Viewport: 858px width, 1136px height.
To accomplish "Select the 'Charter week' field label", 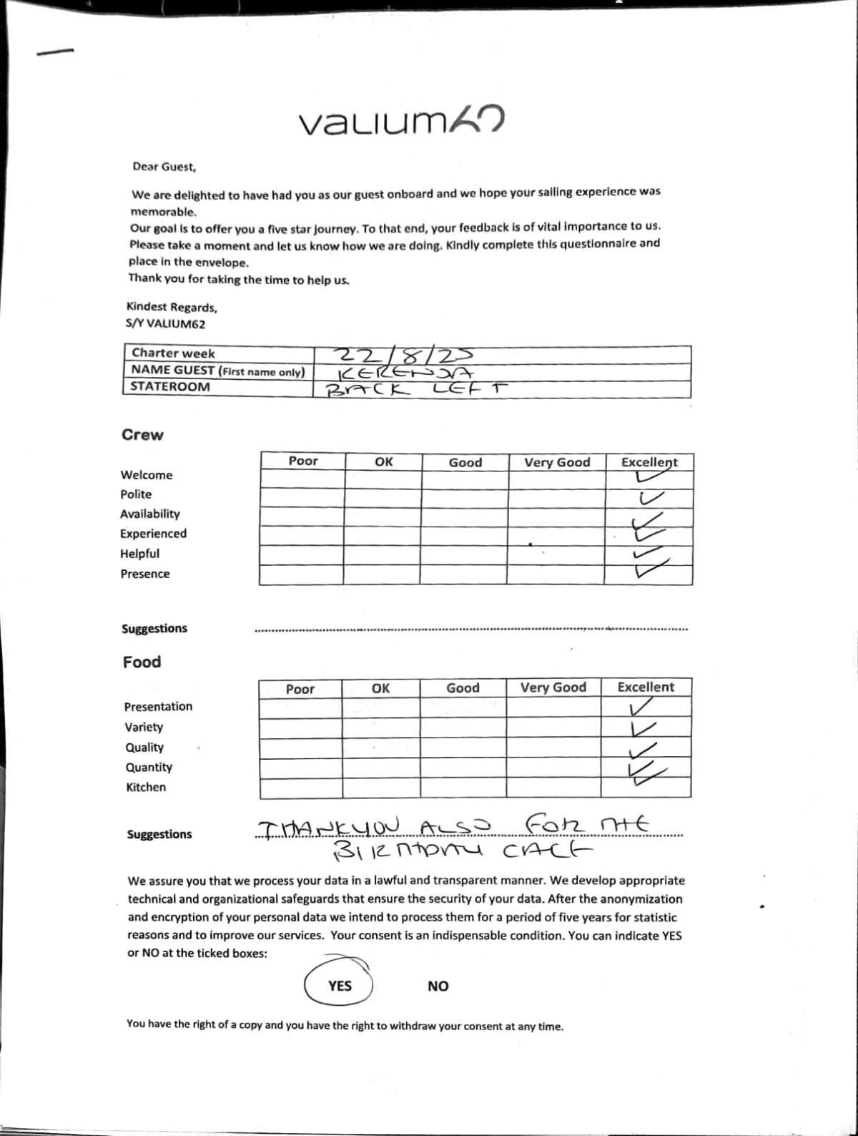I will pyautogui.click(x=173, y=353).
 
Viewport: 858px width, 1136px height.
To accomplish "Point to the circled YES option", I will pyautogui.click(x=340, y=986).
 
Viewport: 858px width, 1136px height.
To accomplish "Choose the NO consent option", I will pyautogui.click(x=438, y=986).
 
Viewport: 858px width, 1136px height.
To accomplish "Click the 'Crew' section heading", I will pyautogui.click(x=142, y=435).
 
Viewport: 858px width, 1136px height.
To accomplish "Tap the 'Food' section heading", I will pyautogui.click(x=142, y=662).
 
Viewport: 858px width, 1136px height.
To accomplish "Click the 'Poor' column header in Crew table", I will pyautogui.click(x=303, y=461).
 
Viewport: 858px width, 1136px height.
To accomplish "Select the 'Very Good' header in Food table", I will pyautogui.click(x=553, y=687).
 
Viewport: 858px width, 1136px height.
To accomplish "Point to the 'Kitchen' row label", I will pyautogui.click(x=146, y=787).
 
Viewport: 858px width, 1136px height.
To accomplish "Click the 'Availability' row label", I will pyautogui.click(x=150, y=514).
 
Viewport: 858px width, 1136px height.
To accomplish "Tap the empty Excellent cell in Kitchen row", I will pyautogui.click(x=645, y=788).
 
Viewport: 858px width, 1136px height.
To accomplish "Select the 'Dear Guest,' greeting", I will pyautogui.click(x=164, y=167).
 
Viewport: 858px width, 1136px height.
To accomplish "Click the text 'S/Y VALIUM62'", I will pyautogui.click(x=165, y=323).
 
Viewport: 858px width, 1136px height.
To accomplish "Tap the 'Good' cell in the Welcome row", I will pyautogui.click(x=465, y=479).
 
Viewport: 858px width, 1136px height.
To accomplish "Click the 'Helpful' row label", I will pyautogui.click(x=139, y=553).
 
